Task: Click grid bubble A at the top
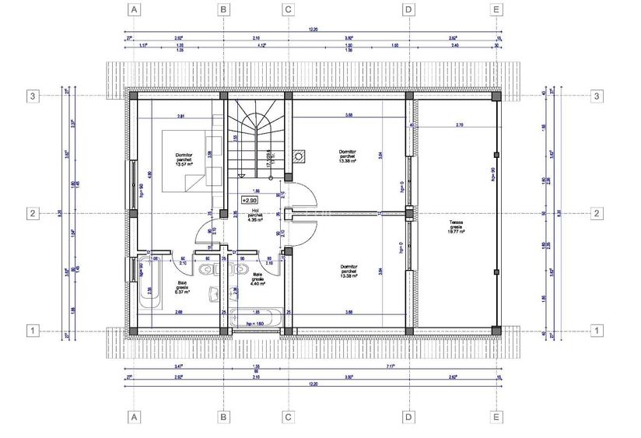135,10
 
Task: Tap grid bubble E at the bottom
497,418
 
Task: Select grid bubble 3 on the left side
33,96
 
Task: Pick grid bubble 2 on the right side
597,213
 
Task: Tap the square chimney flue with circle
298,156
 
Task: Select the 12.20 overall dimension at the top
313,30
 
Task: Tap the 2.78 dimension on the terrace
459,124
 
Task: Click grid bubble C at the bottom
288,418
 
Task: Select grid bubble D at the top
408,10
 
